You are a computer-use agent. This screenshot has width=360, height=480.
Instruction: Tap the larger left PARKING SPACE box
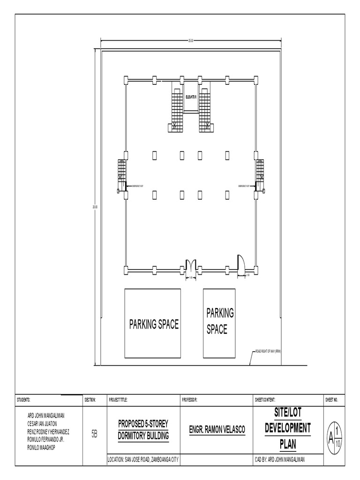[x=152, y=323]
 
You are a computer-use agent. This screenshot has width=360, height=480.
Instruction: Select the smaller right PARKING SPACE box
[x=219, y=323]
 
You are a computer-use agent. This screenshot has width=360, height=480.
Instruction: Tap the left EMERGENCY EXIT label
[x=138, y=186]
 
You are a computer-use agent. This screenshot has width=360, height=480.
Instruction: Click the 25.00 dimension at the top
[x=191, y=41]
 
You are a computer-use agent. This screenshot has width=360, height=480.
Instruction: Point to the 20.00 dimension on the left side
[x=95, y=207]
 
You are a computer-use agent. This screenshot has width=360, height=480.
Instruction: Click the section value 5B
[x=94, y=435]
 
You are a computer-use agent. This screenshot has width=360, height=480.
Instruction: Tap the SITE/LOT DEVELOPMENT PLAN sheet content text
[x=287, y=427]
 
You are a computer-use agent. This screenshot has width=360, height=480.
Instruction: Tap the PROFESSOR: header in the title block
[x=189, y=400]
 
